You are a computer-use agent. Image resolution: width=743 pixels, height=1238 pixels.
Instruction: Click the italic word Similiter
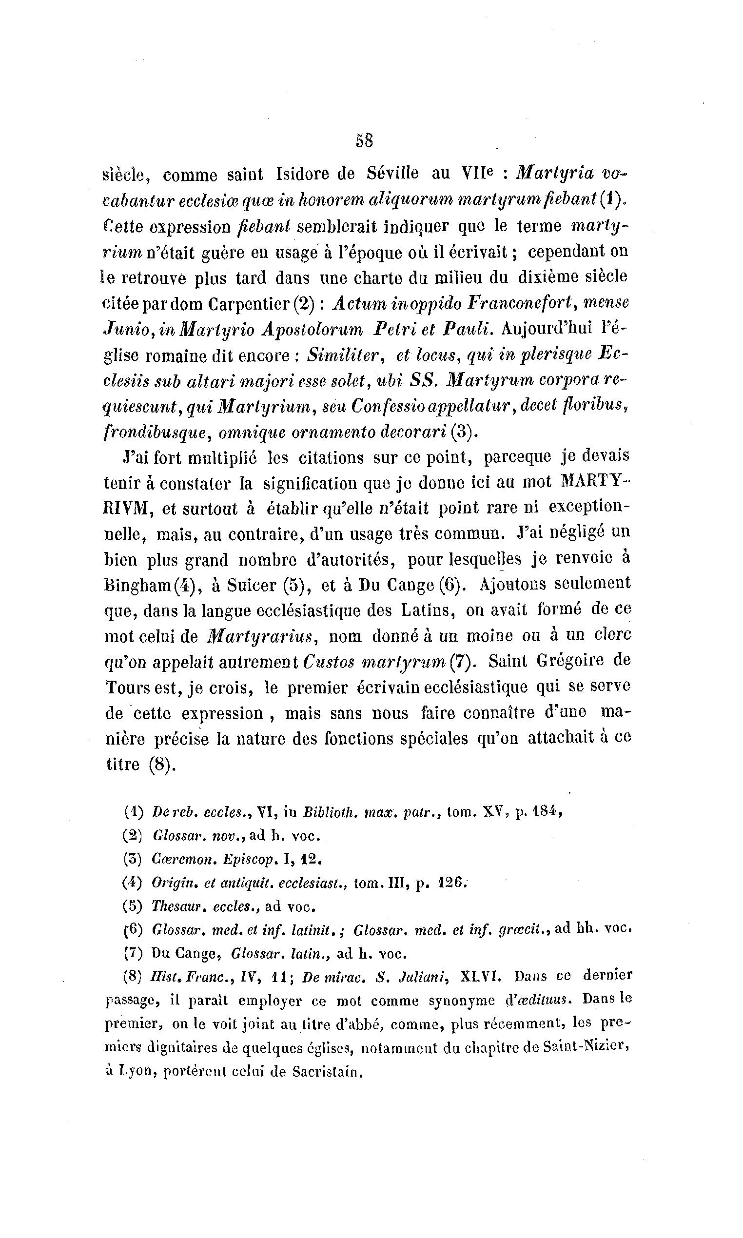click(345, 355)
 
